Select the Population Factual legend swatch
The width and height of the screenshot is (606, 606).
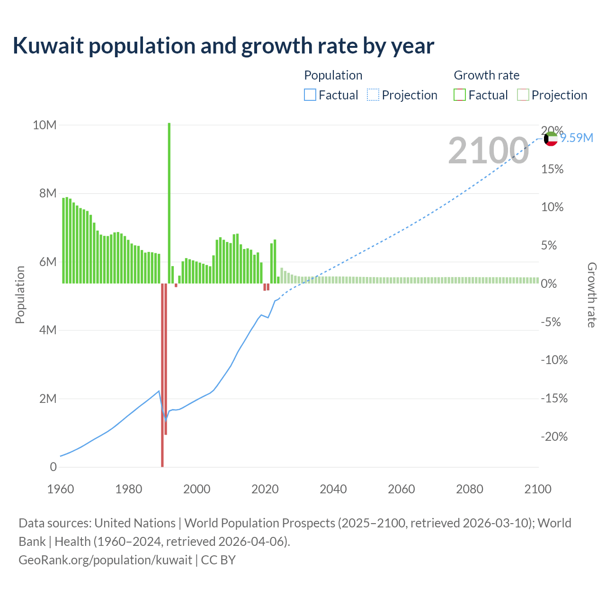pyautogui.click(x=310, y=95)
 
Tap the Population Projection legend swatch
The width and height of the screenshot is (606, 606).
pyautogui.click(x=373, y=95)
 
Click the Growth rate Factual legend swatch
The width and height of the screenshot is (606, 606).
pyautogui.click(x=460, y=95)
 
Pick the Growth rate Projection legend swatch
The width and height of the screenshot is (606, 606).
pyautogui.click(x=523, y=95)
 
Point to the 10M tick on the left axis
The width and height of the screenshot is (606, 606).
pyautogui.click(x=45, y=125)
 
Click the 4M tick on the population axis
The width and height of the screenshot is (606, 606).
pyautogui.click(x=47, y=330)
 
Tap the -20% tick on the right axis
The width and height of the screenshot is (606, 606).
pyautogui.click(x=554, y=437)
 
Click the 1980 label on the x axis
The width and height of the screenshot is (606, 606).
pyautogui.click(x=129, y=489)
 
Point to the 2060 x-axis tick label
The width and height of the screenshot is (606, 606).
pyautogui.click(x=401, y=489)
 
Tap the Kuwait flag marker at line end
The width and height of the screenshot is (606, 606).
pyautogui.click(x=551, y=139)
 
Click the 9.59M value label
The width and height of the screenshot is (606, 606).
pyautogui.click(x=577, y=138)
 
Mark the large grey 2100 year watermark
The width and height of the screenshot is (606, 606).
pyautogui.click(x=488, y=151)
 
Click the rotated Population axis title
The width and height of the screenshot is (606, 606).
pyautogui.click(x=20, y=295)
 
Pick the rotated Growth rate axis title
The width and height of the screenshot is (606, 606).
pyautogui.click(x=592, y=295)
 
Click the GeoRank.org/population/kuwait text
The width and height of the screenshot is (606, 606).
pyautogui.click(x=105, y=560)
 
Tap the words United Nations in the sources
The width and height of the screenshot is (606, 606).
pyautogui.click(x=135, y=523)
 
